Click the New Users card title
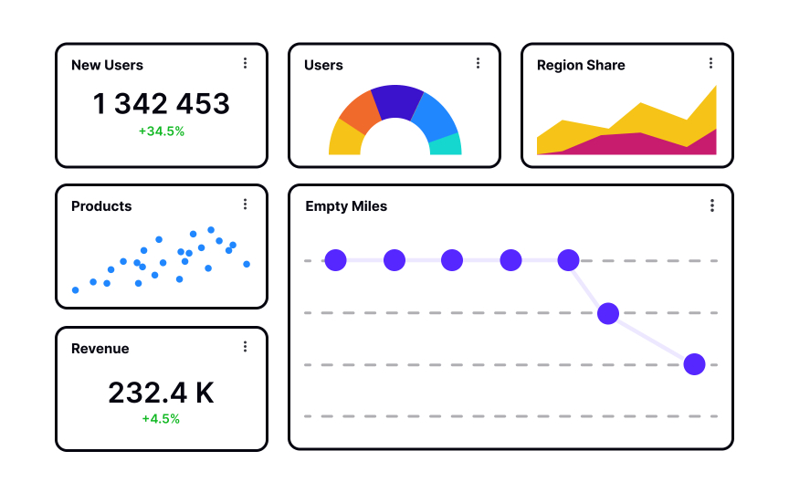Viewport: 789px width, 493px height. pos(107,65)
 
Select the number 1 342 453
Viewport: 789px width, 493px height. pos(162,104)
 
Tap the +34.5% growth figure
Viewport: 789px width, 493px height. pos(162,131)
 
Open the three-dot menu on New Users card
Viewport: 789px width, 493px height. pos(245,63)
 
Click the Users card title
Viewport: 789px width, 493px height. pos(323,65)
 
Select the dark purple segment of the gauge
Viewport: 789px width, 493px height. pos(395,100)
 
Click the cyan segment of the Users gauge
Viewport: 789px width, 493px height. pos(445,143)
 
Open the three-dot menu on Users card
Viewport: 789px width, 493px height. pos(478,63)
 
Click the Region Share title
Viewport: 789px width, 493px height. pos(581,65)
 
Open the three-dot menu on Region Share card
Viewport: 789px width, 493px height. pos(710,63)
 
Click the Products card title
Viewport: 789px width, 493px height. pos(101,206)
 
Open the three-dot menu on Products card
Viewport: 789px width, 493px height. pos(245,205)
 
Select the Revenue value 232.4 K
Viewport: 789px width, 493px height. pos(162,393)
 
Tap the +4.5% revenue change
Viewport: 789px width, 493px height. pos(162,419)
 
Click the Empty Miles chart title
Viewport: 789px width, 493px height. pos(346,206)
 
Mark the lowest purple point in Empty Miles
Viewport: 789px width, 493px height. pos(695,364)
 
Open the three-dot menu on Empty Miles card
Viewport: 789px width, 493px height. pos(712,205)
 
